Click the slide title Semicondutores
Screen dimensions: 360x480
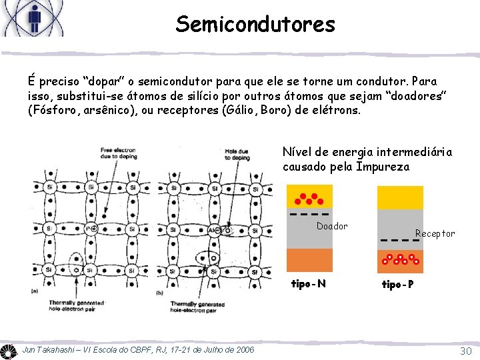(255, 24)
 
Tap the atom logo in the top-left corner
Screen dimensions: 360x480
(33, 18)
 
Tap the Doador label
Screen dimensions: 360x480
(332, 226)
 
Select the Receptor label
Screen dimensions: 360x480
(435, 233)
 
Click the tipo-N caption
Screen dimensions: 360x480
(309, 285)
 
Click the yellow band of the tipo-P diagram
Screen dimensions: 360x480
(400, 197)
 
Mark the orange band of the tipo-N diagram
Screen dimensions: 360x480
(309, 261)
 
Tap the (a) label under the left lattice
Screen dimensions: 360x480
(35, 291)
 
